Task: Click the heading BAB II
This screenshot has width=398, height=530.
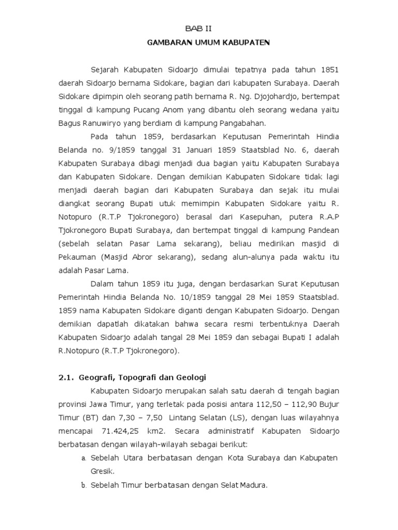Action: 198,30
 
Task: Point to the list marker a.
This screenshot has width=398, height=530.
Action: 83,459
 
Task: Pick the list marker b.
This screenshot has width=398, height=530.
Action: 83,485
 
